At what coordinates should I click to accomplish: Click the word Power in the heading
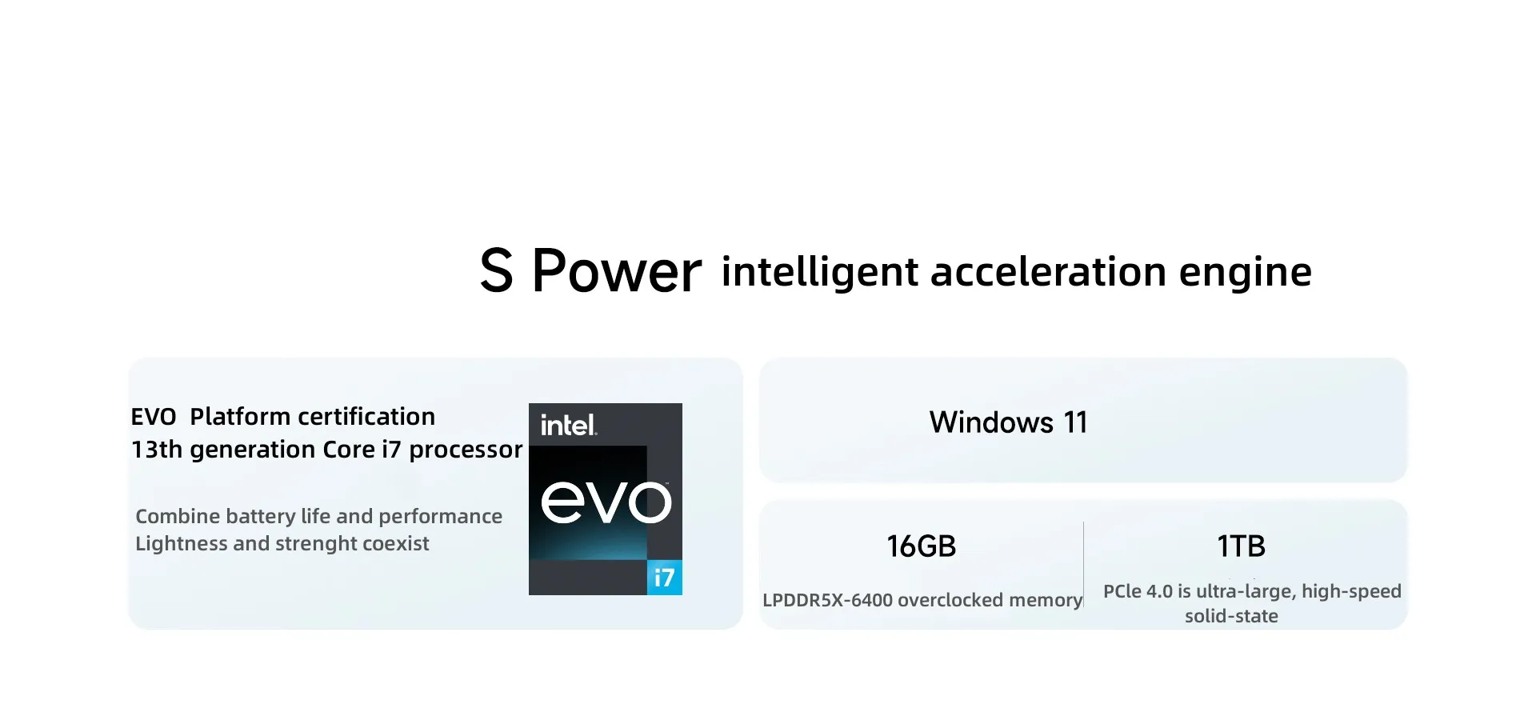617,270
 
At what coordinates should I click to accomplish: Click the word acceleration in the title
1049,271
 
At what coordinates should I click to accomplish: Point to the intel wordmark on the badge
568,425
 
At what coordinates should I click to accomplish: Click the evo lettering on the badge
606,502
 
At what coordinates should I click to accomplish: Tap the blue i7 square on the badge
664,577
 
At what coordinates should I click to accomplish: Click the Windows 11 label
1009,422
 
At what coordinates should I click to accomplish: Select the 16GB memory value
921,546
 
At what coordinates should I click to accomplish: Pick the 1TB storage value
1241,546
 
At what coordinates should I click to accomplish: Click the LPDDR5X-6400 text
827,600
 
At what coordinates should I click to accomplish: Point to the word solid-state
1231,616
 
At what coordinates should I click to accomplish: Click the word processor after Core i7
466,450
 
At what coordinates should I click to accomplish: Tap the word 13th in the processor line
157,450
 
